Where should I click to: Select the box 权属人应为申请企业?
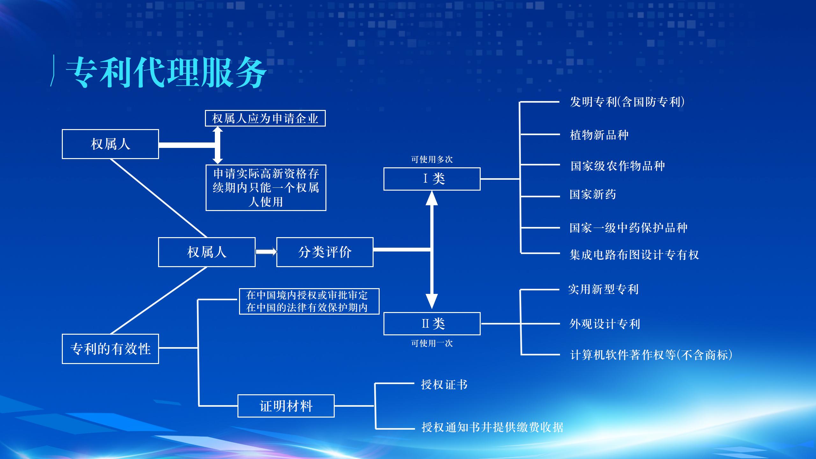265,119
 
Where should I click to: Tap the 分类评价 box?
325,252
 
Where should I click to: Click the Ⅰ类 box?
432,179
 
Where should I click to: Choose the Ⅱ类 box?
432,324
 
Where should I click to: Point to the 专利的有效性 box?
110,349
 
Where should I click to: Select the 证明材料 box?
286,406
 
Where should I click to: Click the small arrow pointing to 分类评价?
266,252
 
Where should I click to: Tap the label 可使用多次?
432,159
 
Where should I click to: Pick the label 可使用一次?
432,343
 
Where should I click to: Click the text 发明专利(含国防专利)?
627,102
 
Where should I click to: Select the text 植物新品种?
599,135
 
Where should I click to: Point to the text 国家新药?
593,194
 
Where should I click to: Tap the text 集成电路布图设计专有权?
634,255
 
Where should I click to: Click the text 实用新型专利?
603,289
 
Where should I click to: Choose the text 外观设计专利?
605,324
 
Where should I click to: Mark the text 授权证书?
444,384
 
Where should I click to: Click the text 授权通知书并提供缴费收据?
492,427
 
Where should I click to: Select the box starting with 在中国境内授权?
309,301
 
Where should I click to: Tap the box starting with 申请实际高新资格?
266,188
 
